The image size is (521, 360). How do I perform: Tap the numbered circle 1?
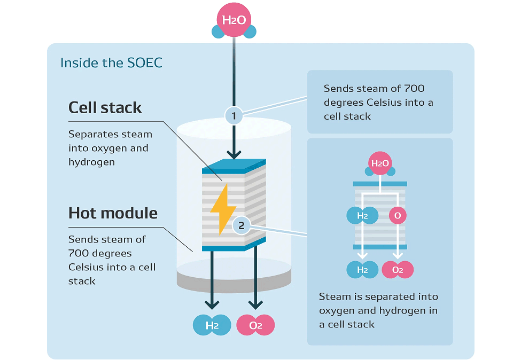tap(234, 115)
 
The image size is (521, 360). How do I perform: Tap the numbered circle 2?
tap(241, 226)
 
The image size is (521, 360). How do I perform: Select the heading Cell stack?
tap(105, 107)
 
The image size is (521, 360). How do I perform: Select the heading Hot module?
tap(113, 213)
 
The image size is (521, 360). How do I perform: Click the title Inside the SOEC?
tap(111, 62)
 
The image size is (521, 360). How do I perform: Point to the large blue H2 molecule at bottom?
tap(212, 325)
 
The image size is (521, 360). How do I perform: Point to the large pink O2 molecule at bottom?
tap(255, 325)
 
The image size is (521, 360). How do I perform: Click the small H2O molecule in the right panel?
tap(380, 163)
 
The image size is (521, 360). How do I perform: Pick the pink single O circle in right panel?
tap(397, 216)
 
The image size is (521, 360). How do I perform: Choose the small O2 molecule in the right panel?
tap(397, 270)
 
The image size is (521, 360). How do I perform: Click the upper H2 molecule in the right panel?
tap(362, 216)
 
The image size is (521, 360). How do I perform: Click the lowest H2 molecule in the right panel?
tap(362, 270)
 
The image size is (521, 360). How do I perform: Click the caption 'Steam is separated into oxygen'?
tap(378, 310)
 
